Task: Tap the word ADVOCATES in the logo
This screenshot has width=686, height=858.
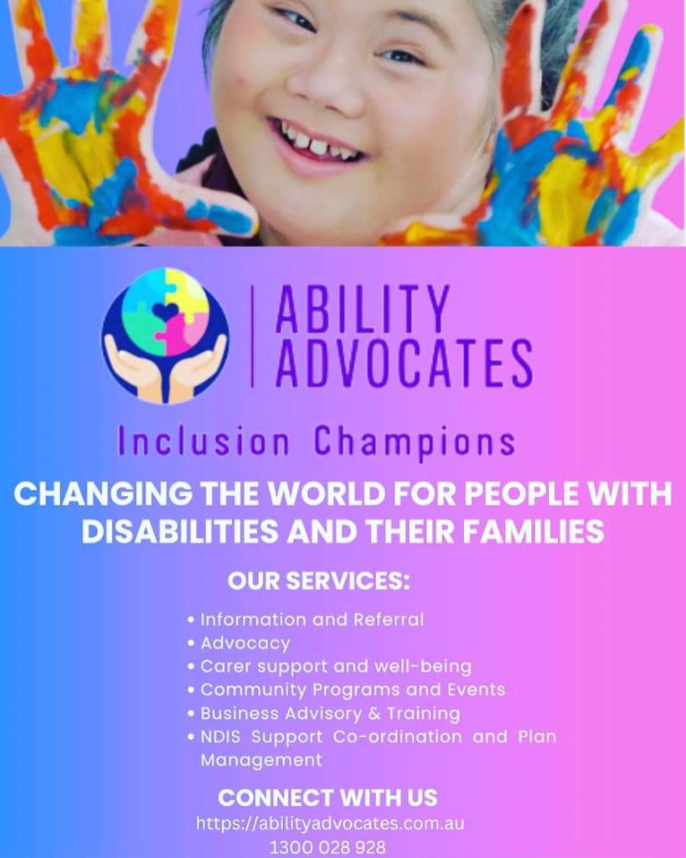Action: tap(404, 362)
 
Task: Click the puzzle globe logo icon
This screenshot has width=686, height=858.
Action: tap(165, 335)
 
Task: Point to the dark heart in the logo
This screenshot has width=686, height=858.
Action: tap(165, 312)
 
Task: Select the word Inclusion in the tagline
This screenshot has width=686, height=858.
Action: tap(204, 442)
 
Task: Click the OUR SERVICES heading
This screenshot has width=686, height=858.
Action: tap(318, 581)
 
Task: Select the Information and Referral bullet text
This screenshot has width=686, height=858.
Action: tap(312, 619)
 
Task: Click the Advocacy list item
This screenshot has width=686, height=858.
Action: tap(245, 643)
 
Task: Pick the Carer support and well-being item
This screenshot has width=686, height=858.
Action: tap(336, 666)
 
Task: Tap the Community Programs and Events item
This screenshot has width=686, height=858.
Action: tap(353, 690)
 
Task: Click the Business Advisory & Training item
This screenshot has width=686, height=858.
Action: tap(330, 714)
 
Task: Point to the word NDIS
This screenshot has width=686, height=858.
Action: tap(220, 737)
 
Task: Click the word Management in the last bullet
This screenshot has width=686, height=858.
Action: tap(261, 761)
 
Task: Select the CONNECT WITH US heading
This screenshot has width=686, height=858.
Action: tap(328, 798)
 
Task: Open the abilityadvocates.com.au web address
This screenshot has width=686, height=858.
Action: tap(330, 824)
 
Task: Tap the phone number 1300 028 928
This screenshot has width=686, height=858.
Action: tap(328, 848)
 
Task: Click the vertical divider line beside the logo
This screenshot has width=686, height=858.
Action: tap(252, 336)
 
